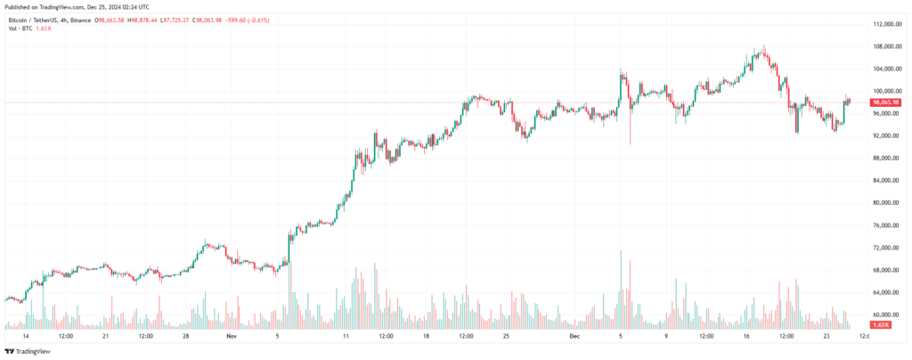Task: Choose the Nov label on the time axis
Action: (232, 338)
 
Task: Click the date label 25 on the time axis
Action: (505, 338)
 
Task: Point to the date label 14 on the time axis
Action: (26, 338)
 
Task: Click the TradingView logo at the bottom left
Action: (28, 352)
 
